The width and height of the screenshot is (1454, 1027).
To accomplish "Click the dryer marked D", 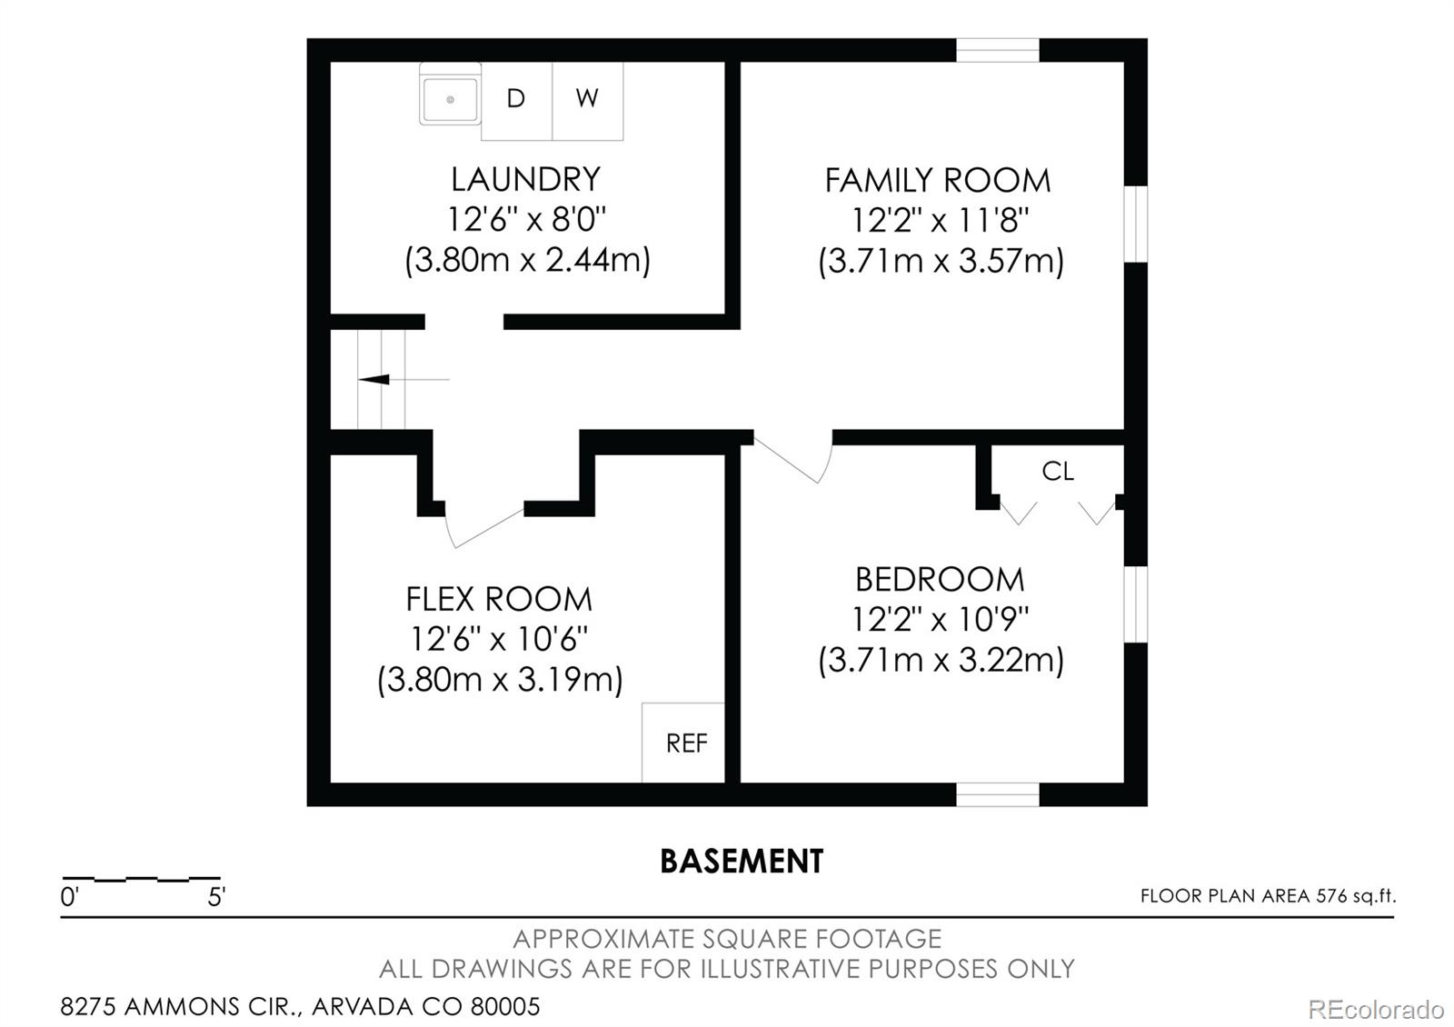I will click(x=516, y=100).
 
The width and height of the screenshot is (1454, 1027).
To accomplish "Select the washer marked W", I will click(x=587, y=100).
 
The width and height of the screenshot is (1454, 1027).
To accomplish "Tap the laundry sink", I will click(x=450, y=95).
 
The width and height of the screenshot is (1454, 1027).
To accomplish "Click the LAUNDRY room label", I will click(x=525, y=179).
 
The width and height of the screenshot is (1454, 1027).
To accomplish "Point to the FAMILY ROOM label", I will click(x=937, y=180).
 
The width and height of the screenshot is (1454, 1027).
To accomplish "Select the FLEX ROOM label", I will click(x=499, y=599).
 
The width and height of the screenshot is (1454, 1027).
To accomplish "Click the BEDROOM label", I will click(x=940, y=579).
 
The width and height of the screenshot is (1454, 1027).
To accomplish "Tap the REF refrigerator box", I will click(x=685, y=743).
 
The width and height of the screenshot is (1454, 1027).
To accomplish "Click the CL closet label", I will click(x=1057, y=471).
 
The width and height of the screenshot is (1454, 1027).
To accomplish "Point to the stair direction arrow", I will click(x=374, y=379).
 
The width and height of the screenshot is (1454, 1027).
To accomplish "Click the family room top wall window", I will click(x=997, y=50).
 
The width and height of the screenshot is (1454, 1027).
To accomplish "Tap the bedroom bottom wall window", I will click(x=997, y=794).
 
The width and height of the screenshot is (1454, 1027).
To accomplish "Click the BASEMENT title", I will click(x=742, y=862).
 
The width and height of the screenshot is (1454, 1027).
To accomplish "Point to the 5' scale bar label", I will click(x=216, y=898).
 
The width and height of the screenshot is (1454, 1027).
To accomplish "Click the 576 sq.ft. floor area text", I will click(x=1268, y=896).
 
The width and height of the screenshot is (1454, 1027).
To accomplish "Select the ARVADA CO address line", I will click(x=300, y=1007).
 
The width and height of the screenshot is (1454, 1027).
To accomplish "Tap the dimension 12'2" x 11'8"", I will click(x=940, y=221).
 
